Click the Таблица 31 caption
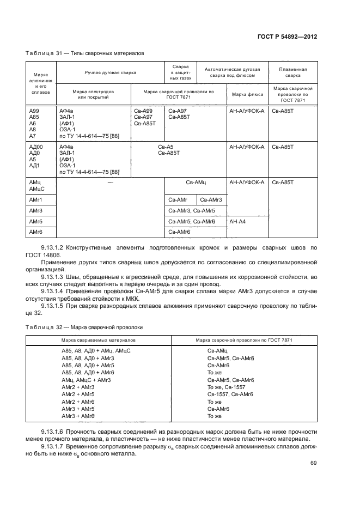85,53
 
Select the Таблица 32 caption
84,327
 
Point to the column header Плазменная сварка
292,72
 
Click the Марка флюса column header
247,94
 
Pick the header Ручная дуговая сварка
110,72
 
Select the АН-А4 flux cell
238,222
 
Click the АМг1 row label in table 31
36,200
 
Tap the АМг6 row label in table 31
36,232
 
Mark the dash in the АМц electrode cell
110,183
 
